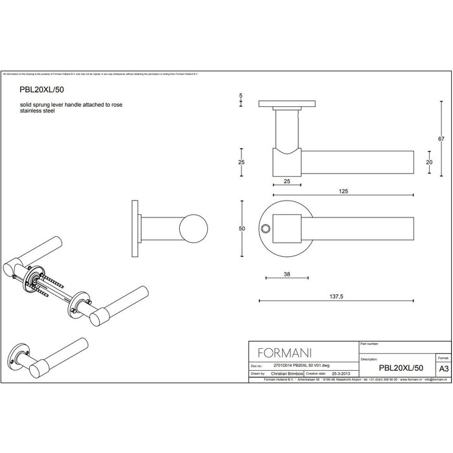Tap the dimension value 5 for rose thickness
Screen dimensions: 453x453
241,95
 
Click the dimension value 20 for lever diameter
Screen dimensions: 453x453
428,162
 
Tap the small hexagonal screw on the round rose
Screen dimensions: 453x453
265,229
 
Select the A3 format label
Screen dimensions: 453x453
443,368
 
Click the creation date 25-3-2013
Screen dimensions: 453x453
340,373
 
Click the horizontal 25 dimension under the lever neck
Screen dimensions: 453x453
286,182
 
